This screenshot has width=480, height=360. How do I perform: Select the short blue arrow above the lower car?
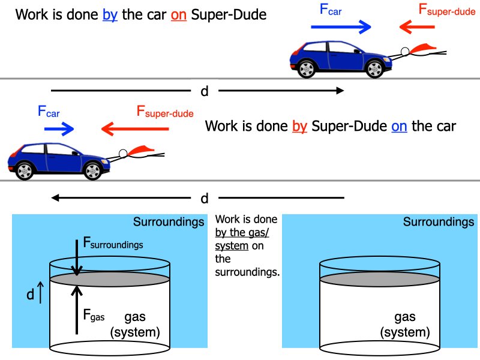coord(59,128)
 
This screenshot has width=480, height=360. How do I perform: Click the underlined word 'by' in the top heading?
coord(110,14)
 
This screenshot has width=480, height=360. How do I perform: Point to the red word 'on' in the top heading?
coord(179,14)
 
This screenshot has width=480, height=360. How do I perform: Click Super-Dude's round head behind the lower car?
coord(123,154)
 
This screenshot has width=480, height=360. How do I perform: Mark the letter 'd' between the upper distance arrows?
coord(204,91)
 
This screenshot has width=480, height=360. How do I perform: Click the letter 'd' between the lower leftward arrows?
coord(204,198)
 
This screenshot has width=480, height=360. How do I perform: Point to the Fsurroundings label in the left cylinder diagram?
coord(113,244)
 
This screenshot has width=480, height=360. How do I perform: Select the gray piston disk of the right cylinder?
coord(380,279)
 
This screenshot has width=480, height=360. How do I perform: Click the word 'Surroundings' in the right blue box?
coord(438,222)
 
